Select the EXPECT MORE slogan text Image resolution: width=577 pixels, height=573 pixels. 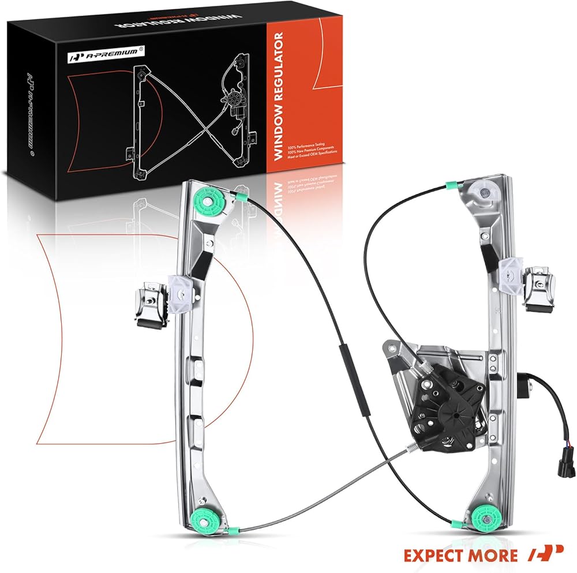point(460,555)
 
